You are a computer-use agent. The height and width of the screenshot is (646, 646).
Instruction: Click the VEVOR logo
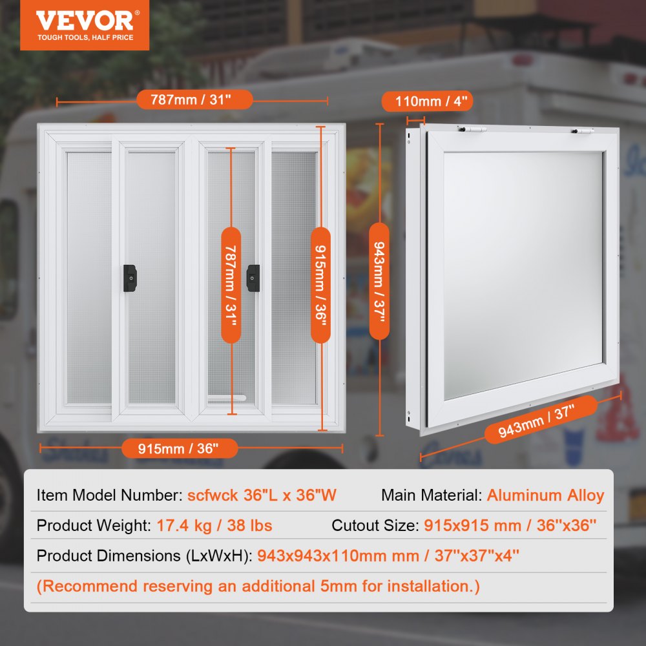[x=85, y=25]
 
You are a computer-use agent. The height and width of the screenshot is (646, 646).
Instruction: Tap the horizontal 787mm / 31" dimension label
[x=194, y=100]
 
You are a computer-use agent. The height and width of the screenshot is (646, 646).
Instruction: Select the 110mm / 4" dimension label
[x=427, y=101]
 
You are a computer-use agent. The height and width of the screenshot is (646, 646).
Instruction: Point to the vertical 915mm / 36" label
[x=321, y=284]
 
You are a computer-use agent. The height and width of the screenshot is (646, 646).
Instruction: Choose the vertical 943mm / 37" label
[x=379, y=281]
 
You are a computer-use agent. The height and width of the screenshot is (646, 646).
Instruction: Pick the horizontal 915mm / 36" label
[x=178, y=448]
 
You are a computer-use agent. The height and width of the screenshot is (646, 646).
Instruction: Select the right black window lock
[x=253, y=278]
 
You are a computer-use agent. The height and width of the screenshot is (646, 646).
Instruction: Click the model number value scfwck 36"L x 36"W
[x=262, y=495]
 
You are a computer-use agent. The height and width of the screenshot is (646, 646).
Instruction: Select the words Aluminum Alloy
[x=545, y=495]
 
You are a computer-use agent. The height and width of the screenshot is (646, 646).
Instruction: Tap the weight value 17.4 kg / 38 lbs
[x=214, y=525]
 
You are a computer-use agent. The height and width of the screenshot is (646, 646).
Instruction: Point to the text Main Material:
[x=432, y=495]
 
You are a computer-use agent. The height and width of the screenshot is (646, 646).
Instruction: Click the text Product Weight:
[x=94, y=525]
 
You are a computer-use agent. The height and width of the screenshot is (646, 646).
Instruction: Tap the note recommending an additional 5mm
[x=258, y=586]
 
